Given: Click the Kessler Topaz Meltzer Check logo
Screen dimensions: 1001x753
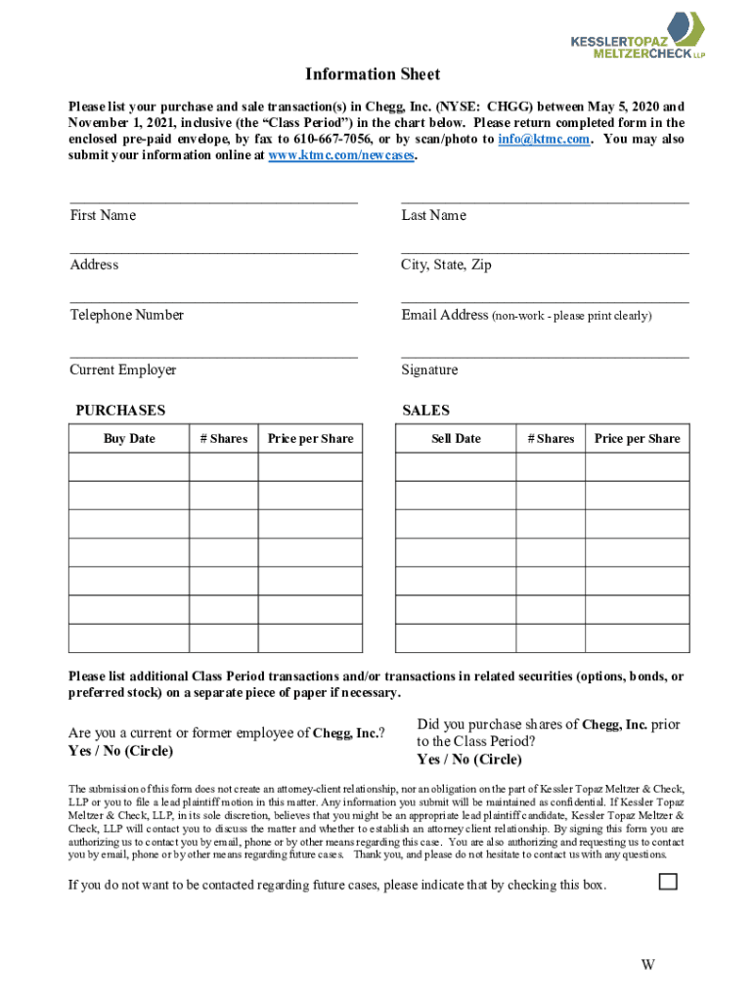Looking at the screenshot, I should [637, 35].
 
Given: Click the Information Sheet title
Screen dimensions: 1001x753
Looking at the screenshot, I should [373, 74].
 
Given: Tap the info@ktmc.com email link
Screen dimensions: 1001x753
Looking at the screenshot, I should [544, 139].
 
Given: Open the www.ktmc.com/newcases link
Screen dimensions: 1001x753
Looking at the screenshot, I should [341, 155].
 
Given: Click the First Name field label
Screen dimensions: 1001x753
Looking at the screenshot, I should [103, 215].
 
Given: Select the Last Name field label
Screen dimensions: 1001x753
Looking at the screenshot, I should [433, 215].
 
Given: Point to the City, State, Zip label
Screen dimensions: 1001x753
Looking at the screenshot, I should [446, 265].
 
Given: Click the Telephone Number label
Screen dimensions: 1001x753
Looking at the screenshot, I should [126, 315].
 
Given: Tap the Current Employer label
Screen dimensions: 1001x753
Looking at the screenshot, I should [122, 370].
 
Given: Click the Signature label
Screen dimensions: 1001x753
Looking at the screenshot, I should [429, 370].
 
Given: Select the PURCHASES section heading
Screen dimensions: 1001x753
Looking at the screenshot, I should [120, 411].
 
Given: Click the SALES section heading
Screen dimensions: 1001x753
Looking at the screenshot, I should [425, 411].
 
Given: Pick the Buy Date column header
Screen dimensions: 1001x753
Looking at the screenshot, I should [129, 439].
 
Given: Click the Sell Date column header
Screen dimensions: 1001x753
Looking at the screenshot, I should [456, 439].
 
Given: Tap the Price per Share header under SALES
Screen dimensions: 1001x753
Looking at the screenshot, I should [637, 439].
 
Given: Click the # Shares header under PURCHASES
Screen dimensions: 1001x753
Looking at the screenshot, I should [223, 439].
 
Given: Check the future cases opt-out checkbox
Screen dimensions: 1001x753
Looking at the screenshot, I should [668, 882].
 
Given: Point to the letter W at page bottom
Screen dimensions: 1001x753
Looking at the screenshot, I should [647, 966].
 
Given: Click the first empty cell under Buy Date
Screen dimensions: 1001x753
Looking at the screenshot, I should [128, 467].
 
